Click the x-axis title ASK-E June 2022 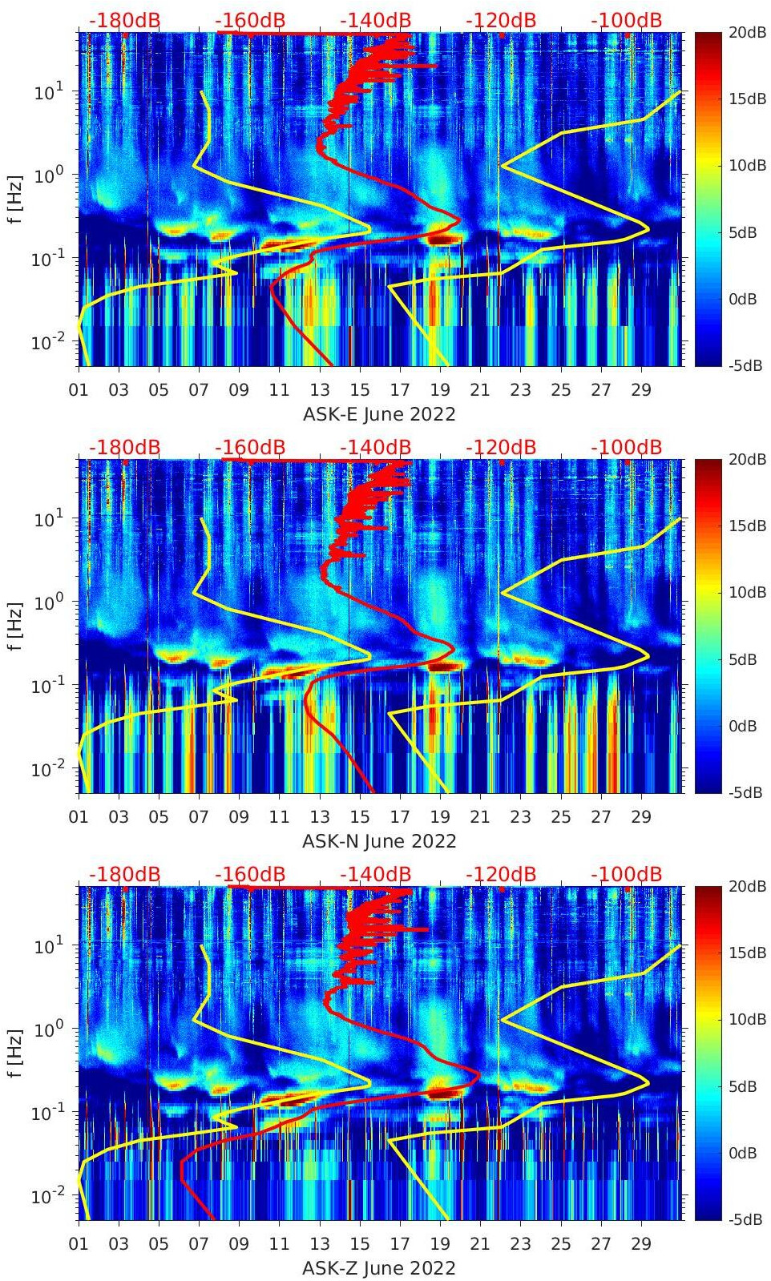click(x=379, y=414)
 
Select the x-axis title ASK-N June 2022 click(x=379, y=841)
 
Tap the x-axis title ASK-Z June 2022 click(x=379, y=1268)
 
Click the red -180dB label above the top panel click(x=124, y=20)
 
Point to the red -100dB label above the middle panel click(x=626, y=447)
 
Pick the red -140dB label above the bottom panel click(x=375, y=874)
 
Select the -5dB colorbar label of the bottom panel click(x=743, y=1219)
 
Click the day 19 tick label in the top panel click(x=440, y=390)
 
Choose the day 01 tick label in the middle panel click(x=79, y=817)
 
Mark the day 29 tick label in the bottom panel click(x=641, y=1244)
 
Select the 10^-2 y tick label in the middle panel click(x=46, y=769)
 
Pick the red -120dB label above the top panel click(x=501, y=20)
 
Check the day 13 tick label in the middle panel click(x=320, y=817)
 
